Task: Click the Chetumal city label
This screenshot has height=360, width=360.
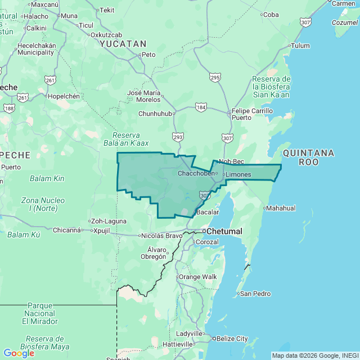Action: click(x=224, y=231)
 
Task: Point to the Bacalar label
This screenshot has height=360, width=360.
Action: click(x=207, y=212)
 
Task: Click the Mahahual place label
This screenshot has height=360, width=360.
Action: click(x=280, y=208)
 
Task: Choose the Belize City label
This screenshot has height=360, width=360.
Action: click(x=233, y=339)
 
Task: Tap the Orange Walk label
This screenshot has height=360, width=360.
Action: click(x=197, y=277)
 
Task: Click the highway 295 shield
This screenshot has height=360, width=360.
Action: click(x=215, y=78)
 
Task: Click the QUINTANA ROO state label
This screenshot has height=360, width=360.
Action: click(x=308, y=157)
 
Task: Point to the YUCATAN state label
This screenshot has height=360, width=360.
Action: click(x=123, y=43)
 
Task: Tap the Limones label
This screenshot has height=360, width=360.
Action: click(x=238, y=174)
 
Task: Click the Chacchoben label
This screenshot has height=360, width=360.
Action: click(x=196, y=173)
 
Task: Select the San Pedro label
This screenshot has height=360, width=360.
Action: click(x=255, y=294)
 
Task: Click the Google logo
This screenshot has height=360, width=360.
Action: click(x=19, y=353)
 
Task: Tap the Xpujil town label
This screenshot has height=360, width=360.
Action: click(x=102, y=230)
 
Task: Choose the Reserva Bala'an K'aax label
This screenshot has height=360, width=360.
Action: click(x=130, y=139)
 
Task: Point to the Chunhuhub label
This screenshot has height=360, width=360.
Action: click(x=155, y=114)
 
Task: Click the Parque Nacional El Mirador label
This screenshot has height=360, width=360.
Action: click(x=40, y=313)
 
